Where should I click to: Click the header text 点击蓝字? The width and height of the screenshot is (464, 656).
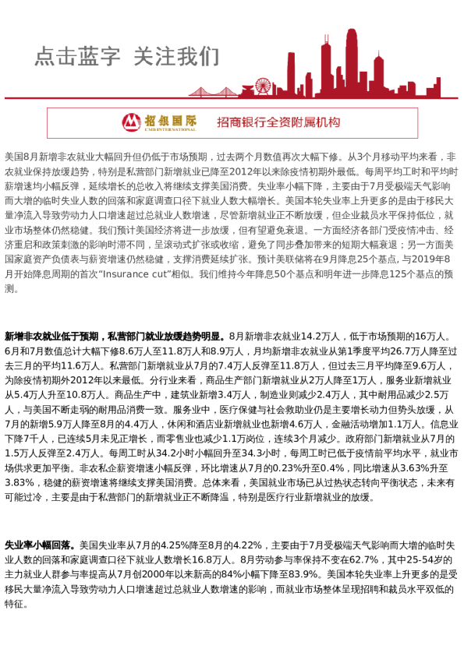77,56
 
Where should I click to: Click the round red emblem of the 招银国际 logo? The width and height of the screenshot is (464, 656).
132,122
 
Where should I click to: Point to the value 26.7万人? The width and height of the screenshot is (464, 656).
394,351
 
